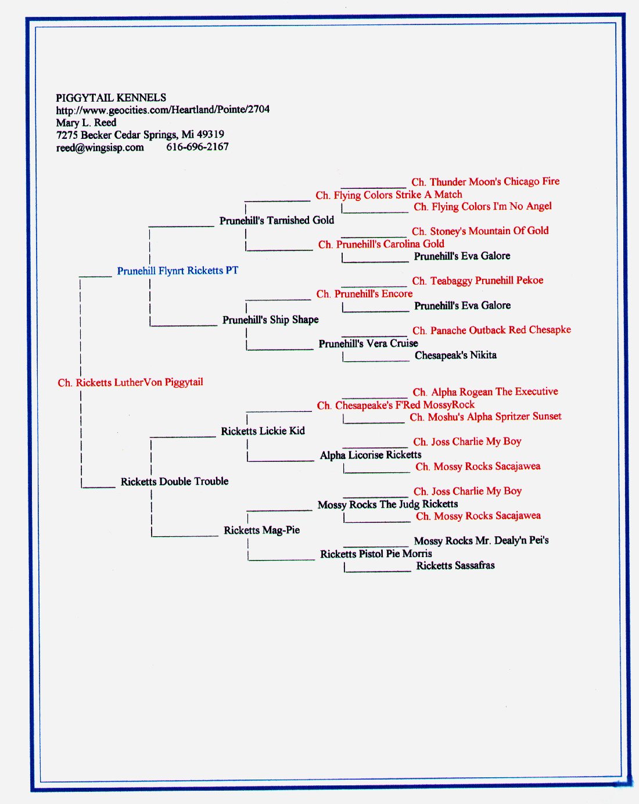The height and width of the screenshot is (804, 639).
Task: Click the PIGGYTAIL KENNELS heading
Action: pyautogui.click(x=111, y=98)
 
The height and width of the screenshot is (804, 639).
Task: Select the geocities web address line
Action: pyautogui.click(x=163, y=110)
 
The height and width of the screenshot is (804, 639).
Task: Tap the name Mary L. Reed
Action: pyautogui.click(x=86, y=123)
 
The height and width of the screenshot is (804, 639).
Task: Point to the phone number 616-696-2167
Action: pyautogui.click(x=198, y=147)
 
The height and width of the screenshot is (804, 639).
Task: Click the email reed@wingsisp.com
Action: pyautogui.click(x=100, y=148)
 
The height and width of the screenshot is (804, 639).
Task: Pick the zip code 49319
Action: pyautogui.click(x=210, y=135)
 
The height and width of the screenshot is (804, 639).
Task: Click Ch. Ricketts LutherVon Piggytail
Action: pyautogui.click(x=131, y=383)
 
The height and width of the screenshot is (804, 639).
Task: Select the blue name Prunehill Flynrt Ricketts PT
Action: pyautogui.click(x=178, y=271)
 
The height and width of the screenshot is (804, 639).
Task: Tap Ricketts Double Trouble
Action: pyautogui.click(x=174, y=481)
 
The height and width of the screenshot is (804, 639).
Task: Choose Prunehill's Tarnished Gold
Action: pyautogui.click(x=277, y=220)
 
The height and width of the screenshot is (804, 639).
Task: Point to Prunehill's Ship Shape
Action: pyautogui.click(x=271, y=320)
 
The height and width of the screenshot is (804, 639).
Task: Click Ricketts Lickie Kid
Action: pyautogui.click(x=263, y=431)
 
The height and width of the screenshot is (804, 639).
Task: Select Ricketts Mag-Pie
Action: pyautogui.click(x=261, y=530)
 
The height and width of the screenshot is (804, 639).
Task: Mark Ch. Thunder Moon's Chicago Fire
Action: pyautogui.click(x=486, y=182)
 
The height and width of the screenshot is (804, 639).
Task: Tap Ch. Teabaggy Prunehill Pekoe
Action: pyautogui.click(x=478, y=281)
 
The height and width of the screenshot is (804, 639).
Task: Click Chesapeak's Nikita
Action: pyautogui.click(x=455, y=355)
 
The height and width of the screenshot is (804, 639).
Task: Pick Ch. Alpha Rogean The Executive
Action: pyautogui.click(x=486, y=392)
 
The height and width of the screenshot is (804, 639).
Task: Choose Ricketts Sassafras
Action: pyautogui.click(x=455, y=565)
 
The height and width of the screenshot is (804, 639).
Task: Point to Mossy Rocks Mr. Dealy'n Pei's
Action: pyautogui.click(x=482, y=541)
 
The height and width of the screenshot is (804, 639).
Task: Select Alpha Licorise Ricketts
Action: pyautogui.click(x=371, y=455)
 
